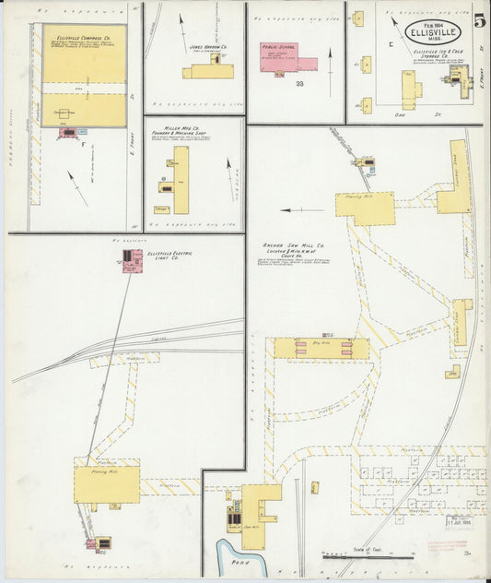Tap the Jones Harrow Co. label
click(208, 45)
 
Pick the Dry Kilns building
click(321, 348)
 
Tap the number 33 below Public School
click(299, 84)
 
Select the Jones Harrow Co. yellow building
click(209, 69)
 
